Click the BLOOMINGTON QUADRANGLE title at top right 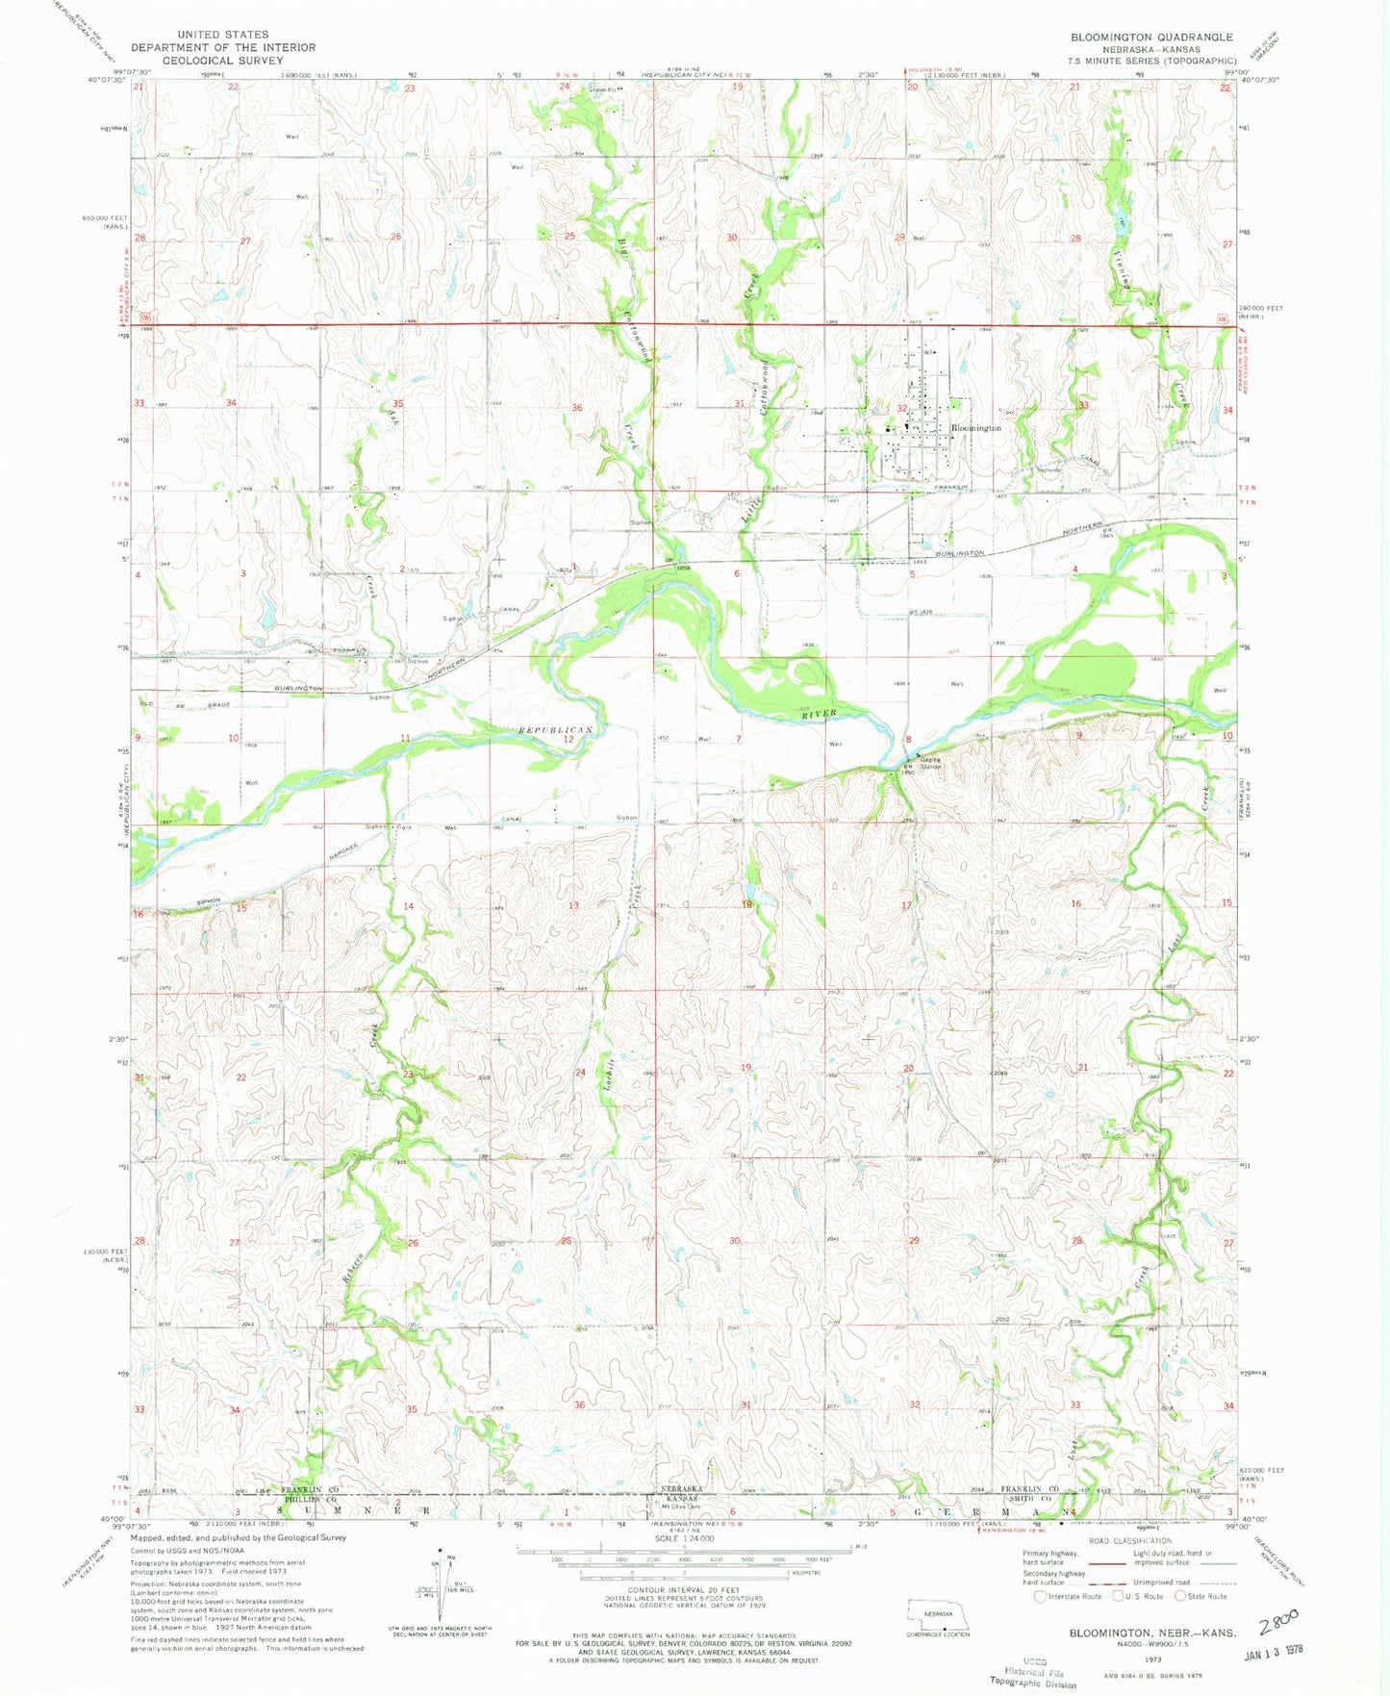(1151, 37)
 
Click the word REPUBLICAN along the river (554, 731)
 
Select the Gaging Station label (930, 762)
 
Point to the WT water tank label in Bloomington (928, 352)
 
